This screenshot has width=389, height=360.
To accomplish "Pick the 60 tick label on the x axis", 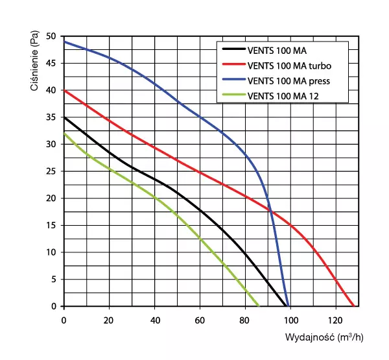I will (200, 320).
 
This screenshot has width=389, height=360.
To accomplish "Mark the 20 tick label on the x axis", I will (109, 320).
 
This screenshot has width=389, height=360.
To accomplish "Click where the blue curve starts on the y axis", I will (64, 42).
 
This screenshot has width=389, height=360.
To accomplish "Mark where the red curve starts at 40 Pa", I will (64, 90).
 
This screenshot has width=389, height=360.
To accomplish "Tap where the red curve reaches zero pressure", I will (354, 306).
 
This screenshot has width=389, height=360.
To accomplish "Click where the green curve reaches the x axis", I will (259, 306).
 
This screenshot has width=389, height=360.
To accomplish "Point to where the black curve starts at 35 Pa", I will (64, 117).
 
